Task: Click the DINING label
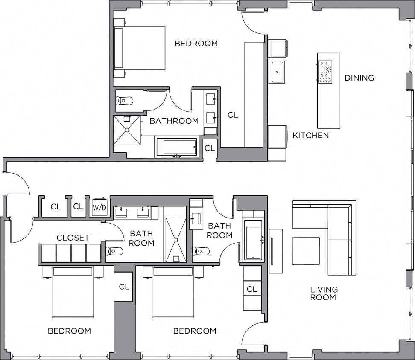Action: click(x=359, y=78)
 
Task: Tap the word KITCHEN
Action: click(x=310, y=136)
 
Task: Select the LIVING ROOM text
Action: click(x=324, y=293)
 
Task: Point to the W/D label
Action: click(x=99, y=207)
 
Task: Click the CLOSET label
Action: click(x=73, y=238)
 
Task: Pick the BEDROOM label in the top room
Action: click(x=196, y=44)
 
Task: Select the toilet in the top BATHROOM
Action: click(x=124, y=101)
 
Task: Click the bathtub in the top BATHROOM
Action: click(x=176, y=147)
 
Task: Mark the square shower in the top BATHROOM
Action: click(x=127, y=130)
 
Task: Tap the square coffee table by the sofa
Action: click(x=306, y=251)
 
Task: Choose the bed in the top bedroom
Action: click(x=140, y=48)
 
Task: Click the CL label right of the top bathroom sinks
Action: click(x=233, y=115)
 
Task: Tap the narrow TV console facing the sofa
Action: click(x=275, y=251)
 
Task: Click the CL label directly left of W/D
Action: click(x=78, y=207)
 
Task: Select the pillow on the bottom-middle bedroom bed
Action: click(x=172, y=271)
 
